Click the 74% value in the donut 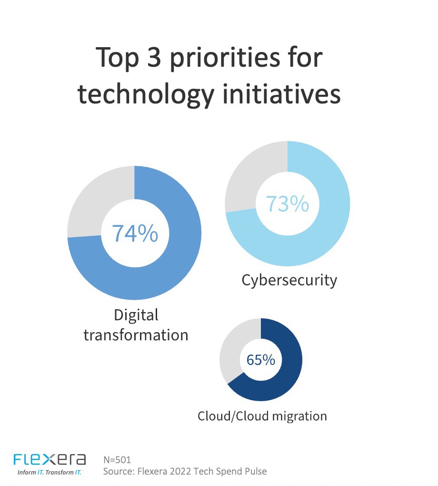135,233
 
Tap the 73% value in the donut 287,203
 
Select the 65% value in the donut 260,360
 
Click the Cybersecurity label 289,280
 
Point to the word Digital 136,315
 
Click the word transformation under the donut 136,334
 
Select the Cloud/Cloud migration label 262,416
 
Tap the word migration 299,416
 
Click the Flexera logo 50,459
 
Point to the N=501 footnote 117,460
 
